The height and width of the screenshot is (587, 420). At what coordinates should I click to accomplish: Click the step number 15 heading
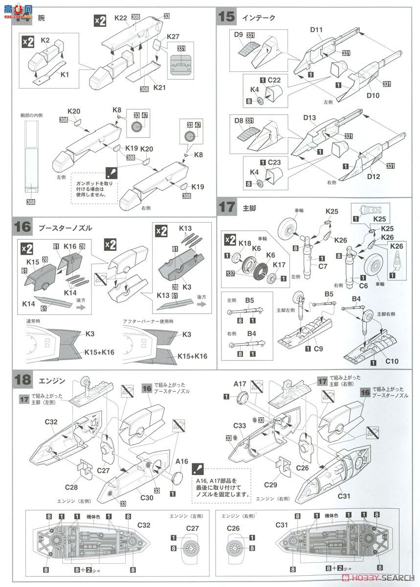(227, 17)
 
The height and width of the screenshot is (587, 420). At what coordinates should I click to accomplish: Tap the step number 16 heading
(23, 227)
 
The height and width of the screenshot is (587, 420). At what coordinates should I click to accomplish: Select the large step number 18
(23, 380)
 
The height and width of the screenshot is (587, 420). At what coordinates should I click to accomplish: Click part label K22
(121, 18)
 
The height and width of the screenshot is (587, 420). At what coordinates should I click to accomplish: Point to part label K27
(173, 37)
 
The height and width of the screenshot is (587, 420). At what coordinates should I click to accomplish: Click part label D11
(316, 30)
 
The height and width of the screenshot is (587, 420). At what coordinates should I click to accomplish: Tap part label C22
(274, 80)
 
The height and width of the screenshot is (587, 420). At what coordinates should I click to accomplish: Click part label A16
(182, 461)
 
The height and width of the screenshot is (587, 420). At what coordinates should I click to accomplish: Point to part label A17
(240, 384)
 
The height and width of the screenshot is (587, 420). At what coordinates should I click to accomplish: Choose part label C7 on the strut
(323, 266)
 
